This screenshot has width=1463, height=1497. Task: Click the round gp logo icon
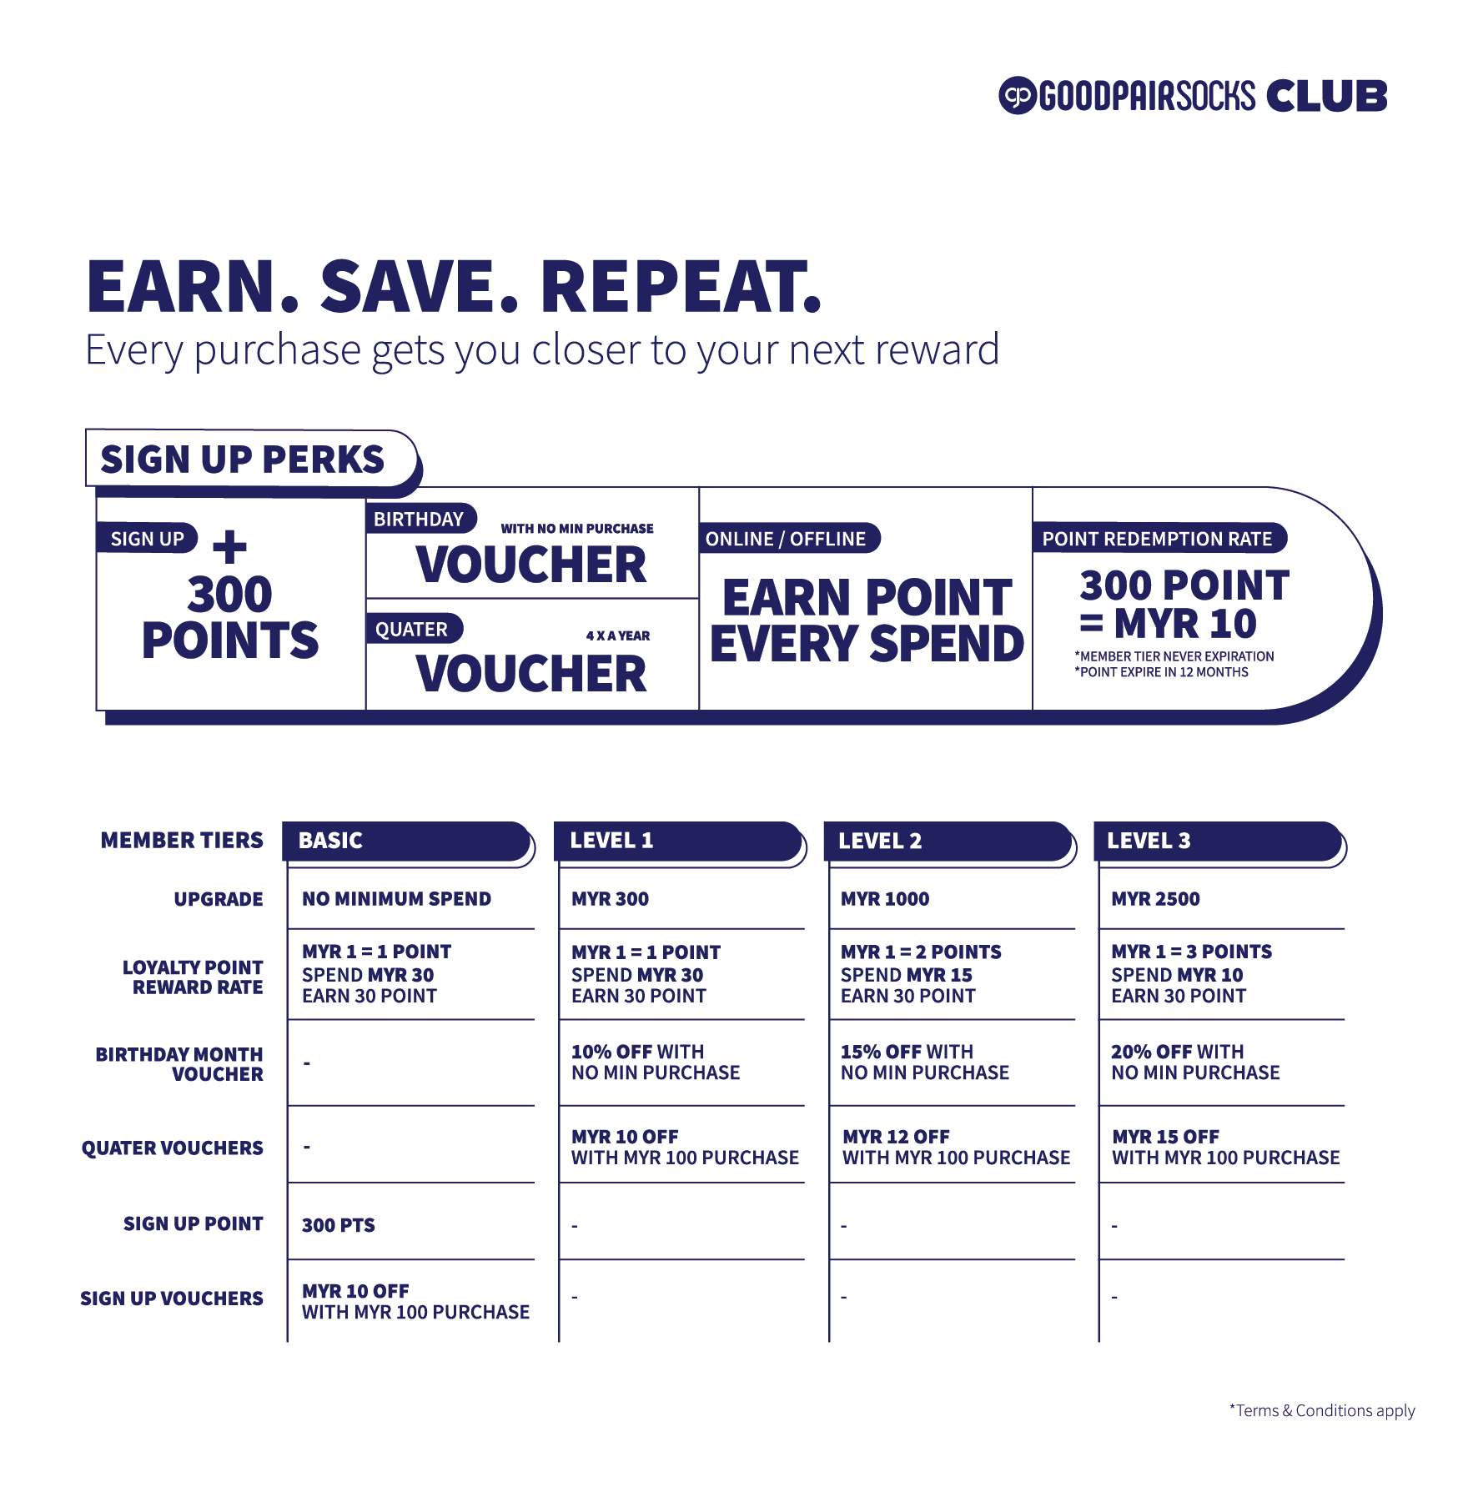pyautogui.click(x=1017, y=96)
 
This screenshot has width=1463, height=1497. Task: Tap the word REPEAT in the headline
pyautogui.click(x=680, y=287)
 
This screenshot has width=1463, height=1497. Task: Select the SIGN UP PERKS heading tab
pyautogui.click(x=243, y=460)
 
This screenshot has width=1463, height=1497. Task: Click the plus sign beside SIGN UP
pyautogui.click(x=229, y=548)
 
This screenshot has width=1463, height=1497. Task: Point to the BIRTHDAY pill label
pyautogui.click(x=419, y=520)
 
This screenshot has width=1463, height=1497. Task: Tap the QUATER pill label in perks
pyautogui.click(x=412, y=630)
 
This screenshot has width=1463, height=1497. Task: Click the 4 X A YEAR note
pyautogui.click(x=617, y=635)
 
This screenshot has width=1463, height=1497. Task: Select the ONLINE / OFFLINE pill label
pyautogui.click(x=786, y=539)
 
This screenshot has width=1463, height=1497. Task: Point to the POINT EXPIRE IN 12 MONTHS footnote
pyautogui.click(x=1161, y=672)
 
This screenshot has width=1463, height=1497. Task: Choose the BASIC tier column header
pyautogui.click(x=406, y=841)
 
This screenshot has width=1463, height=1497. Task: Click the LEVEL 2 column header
pyautogui.click(x=947, y=841)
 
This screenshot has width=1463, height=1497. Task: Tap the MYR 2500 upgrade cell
pyautogui.click(x=1155, y=899)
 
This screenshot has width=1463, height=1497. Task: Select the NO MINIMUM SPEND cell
pyautogui.click(x=396, y=899)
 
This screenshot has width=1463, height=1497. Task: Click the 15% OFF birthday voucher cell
pyautogui.click(x=924, y=1062)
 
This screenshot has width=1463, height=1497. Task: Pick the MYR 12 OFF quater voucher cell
pyautogui.click(x=956, y=1147)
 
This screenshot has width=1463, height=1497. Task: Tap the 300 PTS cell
pyautogui.click(x=339, y=1225)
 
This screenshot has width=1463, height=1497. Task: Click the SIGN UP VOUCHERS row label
pyautogui.click(x=172, y=1299)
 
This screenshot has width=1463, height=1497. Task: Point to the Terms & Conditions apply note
pyautogui.click(x=1322, y=1410)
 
